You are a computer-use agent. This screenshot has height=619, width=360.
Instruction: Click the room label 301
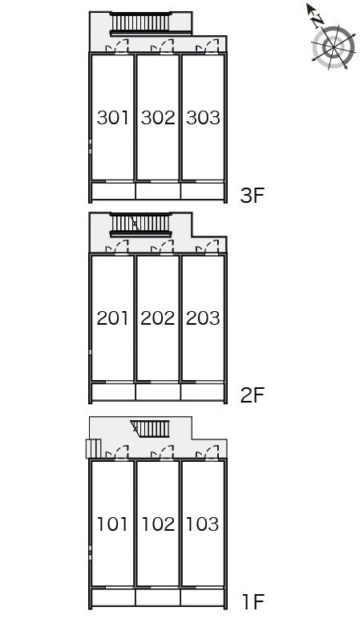[113, 118]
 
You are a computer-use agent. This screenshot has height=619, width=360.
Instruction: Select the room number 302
[158, 118]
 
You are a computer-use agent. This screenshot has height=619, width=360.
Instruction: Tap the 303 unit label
[203, 118]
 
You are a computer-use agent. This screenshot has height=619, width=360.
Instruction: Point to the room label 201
[113, 318]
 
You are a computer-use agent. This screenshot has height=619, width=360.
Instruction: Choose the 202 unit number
[158, 318]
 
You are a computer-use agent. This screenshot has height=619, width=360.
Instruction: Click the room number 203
[203, 318]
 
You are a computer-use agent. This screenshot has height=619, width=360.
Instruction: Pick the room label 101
[113, 524]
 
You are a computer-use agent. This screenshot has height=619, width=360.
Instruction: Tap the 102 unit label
[158, 524]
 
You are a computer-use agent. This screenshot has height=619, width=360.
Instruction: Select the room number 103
[203, 524]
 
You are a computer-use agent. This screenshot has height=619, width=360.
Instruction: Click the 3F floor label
[253, 195]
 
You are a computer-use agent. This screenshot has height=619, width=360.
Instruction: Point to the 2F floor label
[253, 394]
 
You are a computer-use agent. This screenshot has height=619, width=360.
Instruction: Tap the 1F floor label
[253, 601]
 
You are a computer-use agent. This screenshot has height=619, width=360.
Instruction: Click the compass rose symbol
[333, 46]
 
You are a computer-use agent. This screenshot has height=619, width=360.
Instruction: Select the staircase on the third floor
[140, 22]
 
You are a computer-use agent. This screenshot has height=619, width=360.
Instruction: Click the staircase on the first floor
[150, 427]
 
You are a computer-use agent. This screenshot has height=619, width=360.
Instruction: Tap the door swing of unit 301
[119, 47]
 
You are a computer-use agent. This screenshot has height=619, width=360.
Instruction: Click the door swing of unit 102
[165, 453]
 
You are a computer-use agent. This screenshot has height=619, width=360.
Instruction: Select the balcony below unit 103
[202, 597]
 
